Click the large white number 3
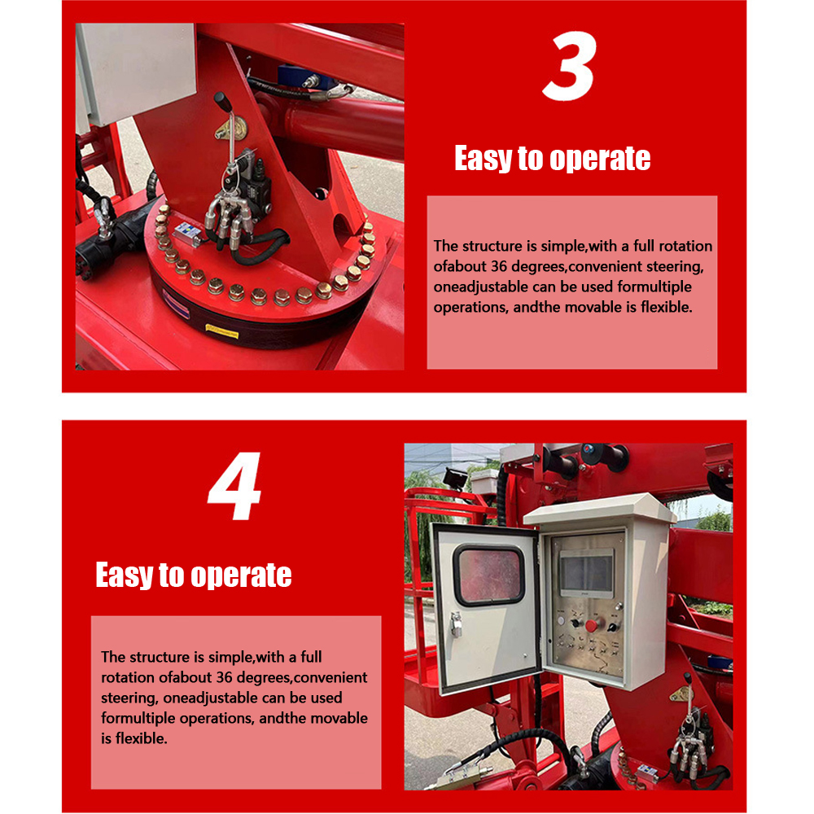(570, 66)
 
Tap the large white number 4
(234, 486)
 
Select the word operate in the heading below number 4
(242, 575)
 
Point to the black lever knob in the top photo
(221, 101)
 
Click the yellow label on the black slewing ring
(222, 331)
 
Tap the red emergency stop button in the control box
(591, 626)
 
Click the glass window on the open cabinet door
(488, 575)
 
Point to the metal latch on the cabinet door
(456, 624)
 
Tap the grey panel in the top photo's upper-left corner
(136, 72)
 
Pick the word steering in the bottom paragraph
(129, 698)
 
